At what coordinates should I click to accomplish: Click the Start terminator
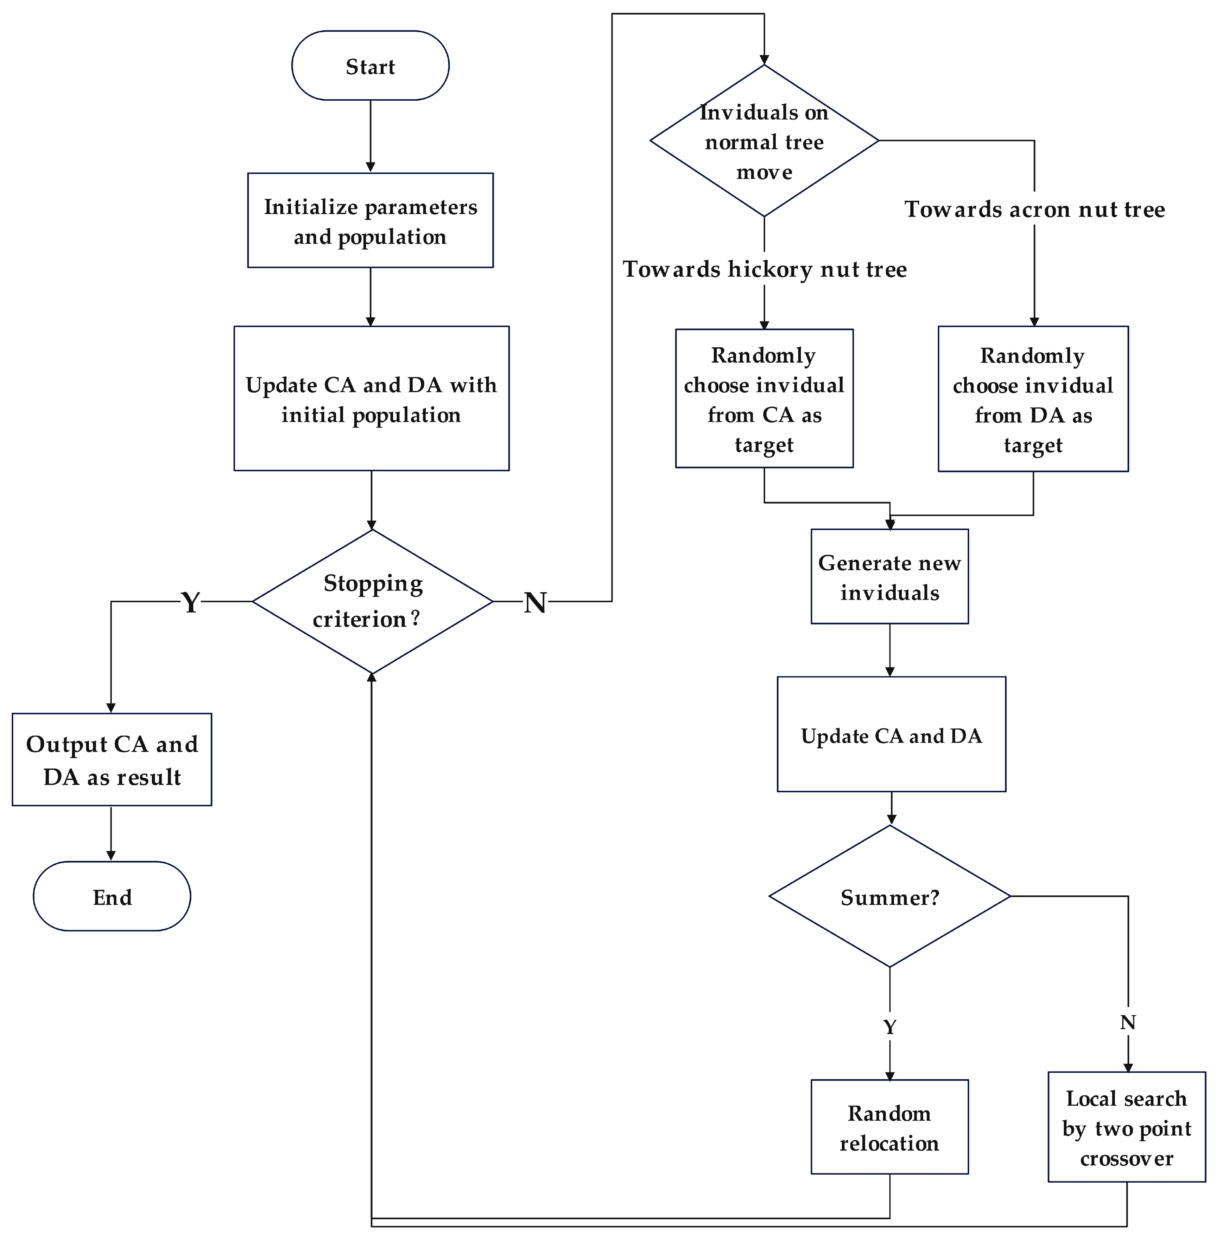370,66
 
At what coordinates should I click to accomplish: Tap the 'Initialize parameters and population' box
370,221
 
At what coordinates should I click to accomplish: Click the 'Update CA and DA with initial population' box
371,399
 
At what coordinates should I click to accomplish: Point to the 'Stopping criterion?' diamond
372,601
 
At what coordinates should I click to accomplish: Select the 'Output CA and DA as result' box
112,759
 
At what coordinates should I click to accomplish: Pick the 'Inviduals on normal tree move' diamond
764,141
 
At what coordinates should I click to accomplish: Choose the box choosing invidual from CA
764,399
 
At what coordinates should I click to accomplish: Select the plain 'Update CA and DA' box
891,735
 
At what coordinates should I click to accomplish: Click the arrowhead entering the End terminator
111,856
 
